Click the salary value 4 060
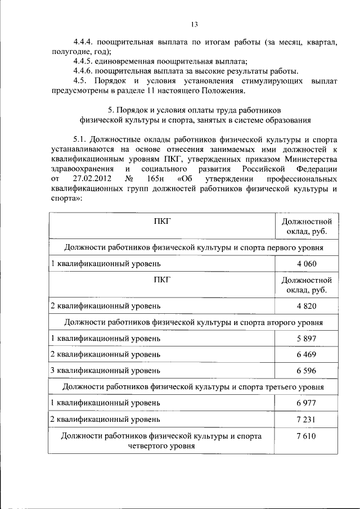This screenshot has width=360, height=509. click(307, 263)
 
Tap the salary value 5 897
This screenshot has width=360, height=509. click(307, 339)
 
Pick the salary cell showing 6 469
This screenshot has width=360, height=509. click(307, 354)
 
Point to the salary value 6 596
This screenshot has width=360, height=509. click(307, 371)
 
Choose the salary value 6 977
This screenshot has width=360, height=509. click(307, 403)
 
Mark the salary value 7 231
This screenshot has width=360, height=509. click(307, 420)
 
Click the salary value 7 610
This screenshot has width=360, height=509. click(307, 436)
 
